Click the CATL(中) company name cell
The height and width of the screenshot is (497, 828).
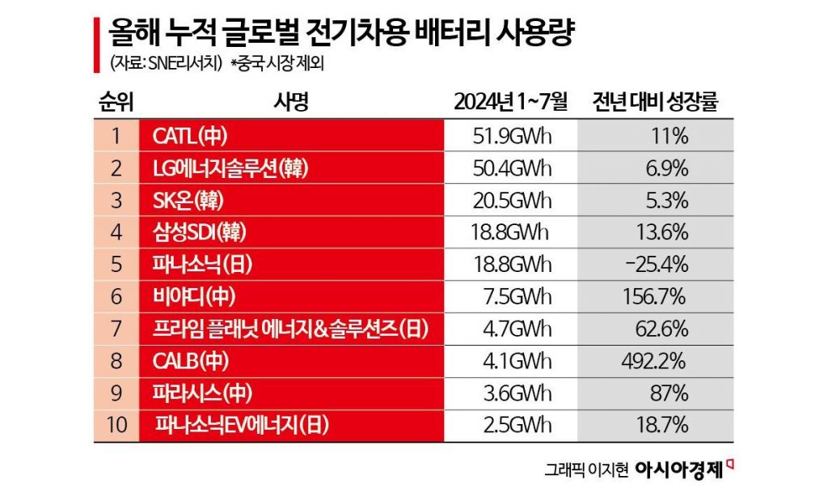point(191,136)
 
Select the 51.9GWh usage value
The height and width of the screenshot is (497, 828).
point(512,136)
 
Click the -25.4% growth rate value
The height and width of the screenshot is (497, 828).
point(656,264)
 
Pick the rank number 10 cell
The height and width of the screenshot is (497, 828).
point(116,423)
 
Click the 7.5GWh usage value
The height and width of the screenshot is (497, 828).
point(512,296)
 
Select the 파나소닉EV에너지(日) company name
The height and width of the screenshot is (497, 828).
point(243,423)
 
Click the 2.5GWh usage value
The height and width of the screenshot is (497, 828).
point(512,423)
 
